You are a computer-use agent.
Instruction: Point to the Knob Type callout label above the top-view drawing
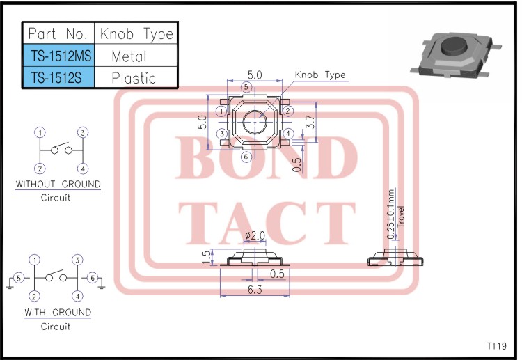320,75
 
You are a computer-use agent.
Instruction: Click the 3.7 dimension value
311,122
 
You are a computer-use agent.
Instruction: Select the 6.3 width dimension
255,290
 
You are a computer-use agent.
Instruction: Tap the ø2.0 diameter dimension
255,235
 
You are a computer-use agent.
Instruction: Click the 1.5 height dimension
206,257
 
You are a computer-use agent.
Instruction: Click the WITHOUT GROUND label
58,185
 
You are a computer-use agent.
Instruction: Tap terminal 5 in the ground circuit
19,278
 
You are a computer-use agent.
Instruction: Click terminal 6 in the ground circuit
90,278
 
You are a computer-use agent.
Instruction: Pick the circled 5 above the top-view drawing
246,86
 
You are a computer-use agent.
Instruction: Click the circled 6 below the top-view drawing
246,157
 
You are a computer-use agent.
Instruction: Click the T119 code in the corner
496,346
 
